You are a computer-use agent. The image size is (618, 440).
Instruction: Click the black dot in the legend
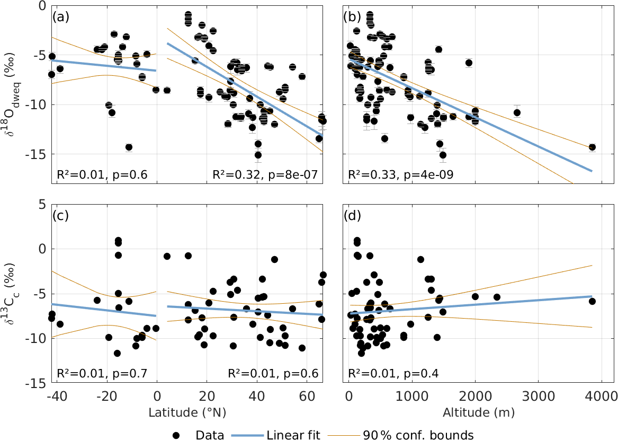click(x=177, y=435)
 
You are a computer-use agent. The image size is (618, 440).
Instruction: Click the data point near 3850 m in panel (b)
click(x=592, y=147)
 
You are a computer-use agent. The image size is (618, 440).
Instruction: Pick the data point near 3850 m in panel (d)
click(x=592, y=301)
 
